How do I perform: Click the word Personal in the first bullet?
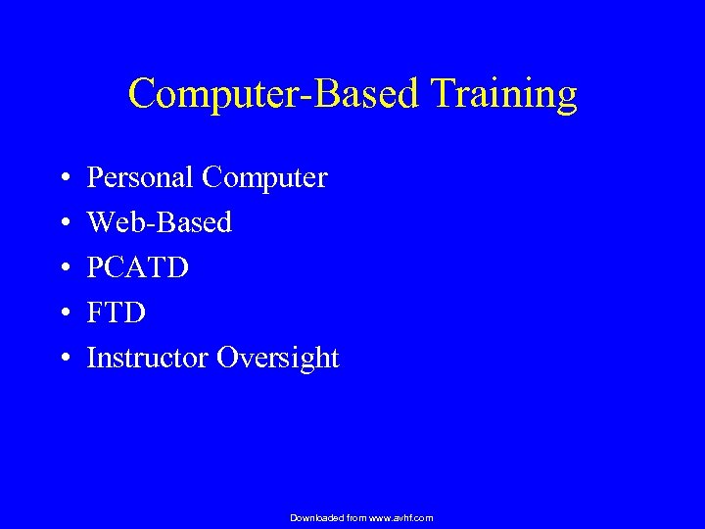tap(140, 178)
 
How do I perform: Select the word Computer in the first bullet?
tap(264, 178)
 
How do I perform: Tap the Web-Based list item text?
tap(160, 222)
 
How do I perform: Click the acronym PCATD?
tap(137, 267)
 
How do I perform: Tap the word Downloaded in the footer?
tap(316, 517)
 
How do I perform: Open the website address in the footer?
tap(400, 517)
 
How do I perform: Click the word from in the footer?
tap(356, 517)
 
